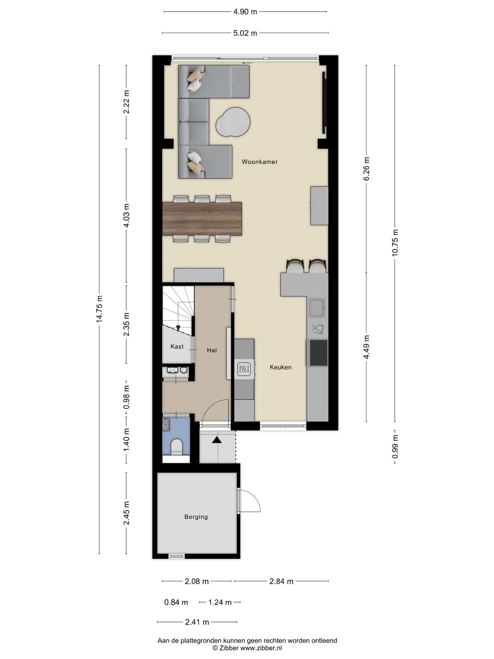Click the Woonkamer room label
[x=259, y=162]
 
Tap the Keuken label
[x=281, y=367]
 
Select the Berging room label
[x=196, y=517]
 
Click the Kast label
[x=177, y=347]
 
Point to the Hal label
[x=212, y=350]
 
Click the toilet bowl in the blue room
[x=176, y=447]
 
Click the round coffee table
[x=233, y=122]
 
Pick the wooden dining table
[x=202, y=219]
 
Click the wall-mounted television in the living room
[x=324, y=103]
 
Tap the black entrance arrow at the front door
[x=217, y=440]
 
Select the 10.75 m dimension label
[x=395, y=242]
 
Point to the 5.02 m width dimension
[x=245, y=33]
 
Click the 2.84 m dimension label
[x=281, y=581]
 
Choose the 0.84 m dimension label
[x=176, y=602]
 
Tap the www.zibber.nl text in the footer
[x=261, y=648]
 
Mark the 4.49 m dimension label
[x=366, y=347]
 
